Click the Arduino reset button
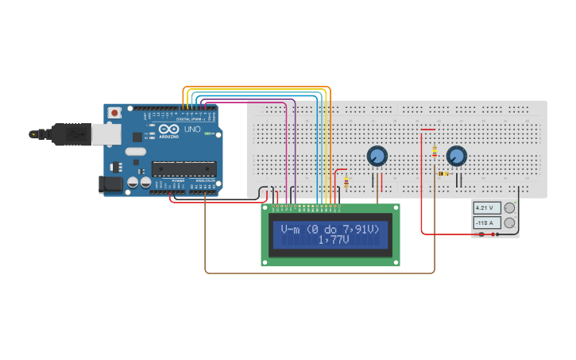click(x=114, y=113)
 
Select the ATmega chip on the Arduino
click(x=184, y=168)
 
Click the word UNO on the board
click(x=192, y=129)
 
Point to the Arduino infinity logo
click(x=169, y=129)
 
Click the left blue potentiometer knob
click(x=377, y=156)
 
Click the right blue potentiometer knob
click(x=456, y=156)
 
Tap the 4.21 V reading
click(x=485, y=208)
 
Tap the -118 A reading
click(x=485, y=223)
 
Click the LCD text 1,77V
click(x=334, y=239)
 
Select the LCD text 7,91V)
click(x=360, y=229)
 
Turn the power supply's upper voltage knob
click(x=509, y=208)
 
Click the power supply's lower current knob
click(x=509, y=223)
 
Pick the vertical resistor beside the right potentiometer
click(x=434, y=151)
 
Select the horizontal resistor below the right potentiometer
click(x=443, y=173)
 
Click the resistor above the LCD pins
click(x=346, y=182)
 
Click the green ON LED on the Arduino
click(x=208, y=134)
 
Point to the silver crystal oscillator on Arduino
click(x=136, y=151)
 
